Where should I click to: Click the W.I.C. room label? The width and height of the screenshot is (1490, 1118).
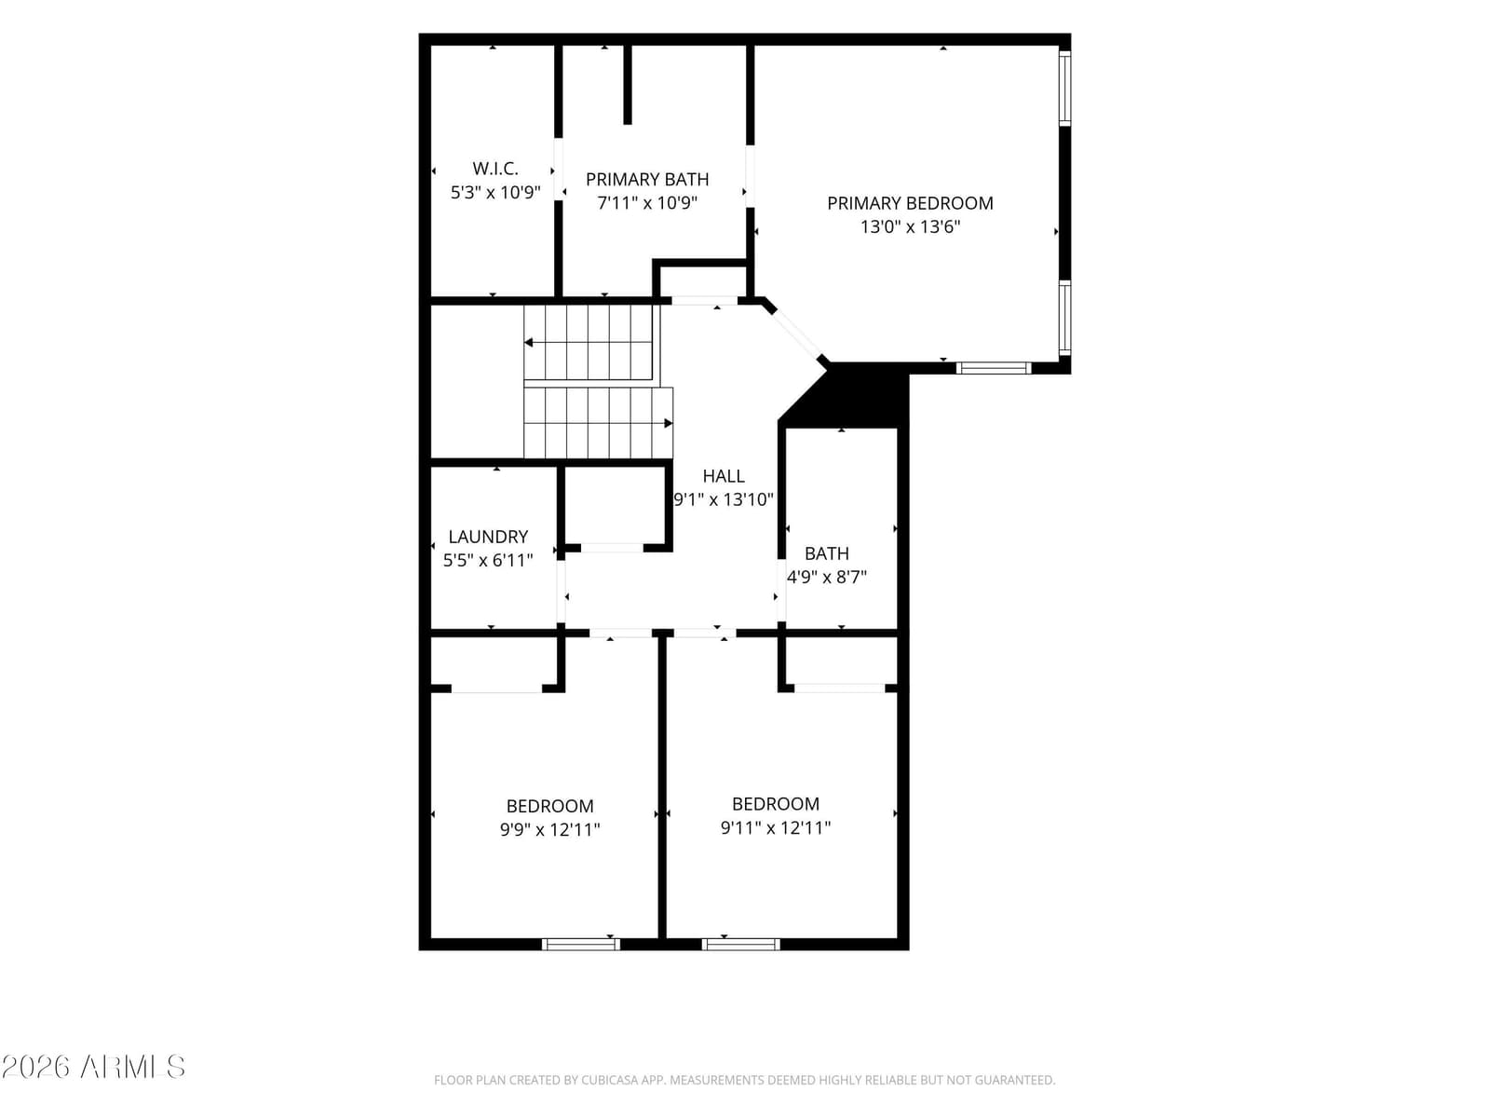click(x=494, y=168)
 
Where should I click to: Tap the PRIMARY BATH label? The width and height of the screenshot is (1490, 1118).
click(x=647, y=179)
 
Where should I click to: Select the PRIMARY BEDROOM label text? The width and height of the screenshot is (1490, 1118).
click(x=910, y=203)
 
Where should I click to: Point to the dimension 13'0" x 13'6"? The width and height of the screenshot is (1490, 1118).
click(x=910, y=226)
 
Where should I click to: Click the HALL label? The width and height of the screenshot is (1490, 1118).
click(x=723, y=476)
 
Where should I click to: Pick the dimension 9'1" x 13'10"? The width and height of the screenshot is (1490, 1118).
click(x=723, y=499)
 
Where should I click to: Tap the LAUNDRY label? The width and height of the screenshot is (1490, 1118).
click(x=488, y=537)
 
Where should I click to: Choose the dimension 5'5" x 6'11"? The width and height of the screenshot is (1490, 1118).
click(x=488, y=561)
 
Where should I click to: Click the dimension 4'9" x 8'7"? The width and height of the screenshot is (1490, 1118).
click(x=826, y=577)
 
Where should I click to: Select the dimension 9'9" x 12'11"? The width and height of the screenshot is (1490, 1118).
click(x=549, y=829)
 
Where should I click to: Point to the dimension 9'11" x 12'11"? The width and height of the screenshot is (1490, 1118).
click(x=775, y=827)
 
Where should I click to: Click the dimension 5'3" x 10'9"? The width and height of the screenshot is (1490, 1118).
click(x=494, y=192)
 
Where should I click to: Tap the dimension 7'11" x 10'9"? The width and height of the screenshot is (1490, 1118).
click(x=647, y=203)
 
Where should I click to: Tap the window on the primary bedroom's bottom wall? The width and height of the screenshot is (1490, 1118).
click(x=994, y=368)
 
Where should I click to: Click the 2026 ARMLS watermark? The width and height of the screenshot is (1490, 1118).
click(x=93, y=1067)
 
